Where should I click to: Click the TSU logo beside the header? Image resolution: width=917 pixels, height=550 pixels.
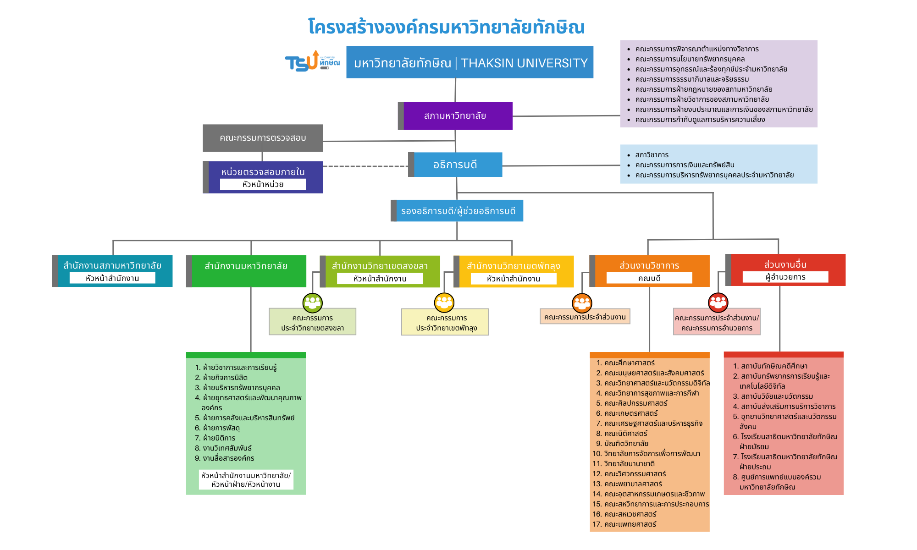pos(312,62)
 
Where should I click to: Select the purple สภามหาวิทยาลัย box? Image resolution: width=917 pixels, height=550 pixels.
pos(455,116)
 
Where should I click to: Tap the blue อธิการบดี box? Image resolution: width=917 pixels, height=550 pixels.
pos(455,165)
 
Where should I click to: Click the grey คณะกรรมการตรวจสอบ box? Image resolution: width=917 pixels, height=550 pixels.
pos(263,138)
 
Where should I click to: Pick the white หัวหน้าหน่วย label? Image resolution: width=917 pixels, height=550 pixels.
pos(263,184)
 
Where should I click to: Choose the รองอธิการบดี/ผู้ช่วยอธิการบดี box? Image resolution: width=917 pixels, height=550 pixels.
pos(458,211)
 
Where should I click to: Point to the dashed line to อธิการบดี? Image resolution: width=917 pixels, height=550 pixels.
pos(365,166)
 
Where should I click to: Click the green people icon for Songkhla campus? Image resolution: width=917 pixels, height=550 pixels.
pos(313,302)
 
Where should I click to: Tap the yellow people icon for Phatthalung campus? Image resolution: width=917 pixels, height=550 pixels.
pos(444,302)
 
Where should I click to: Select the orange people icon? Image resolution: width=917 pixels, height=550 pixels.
pos(582,302)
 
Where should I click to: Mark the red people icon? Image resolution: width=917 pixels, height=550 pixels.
pos(718,302)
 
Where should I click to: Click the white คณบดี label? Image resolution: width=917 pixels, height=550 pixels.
pos(649,278)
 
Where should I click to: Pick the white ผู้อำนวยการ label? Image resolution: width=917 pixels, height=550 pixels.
pos(785,277)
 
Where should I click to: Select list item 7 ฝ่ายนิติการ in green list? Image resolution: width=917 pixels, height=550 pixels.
pos(219,438)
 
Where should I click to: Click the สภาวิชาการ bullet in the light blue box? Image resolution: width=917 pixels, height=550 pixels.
pos(652,155)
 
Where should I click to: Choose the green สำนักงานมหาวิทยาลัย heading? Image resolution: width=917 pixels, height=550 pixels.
pos(246,266)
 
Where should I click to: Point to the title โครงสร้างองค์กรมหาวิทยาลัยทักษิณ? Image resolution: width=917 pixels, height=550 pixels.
pos(446,27)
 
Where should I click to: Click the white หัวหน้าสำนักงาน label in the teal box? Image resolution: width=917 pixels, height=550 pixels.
pos(112,278)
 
